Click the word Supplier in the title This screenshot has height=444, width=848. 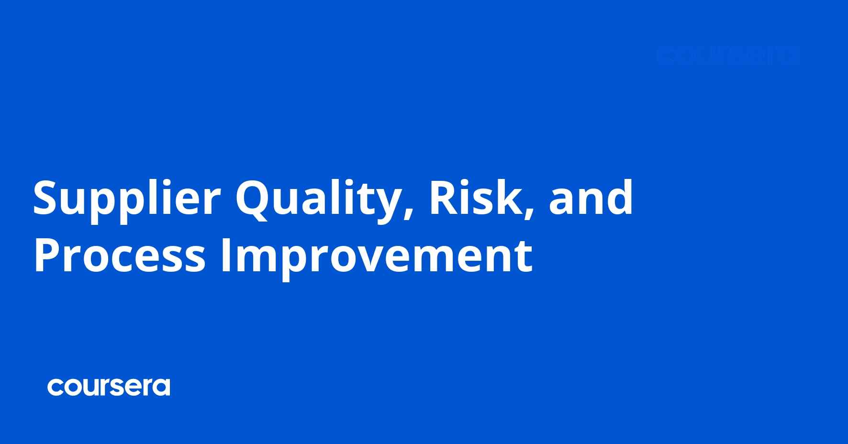coord(127,199)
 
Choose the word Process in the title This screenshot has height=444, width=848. coord(120,256)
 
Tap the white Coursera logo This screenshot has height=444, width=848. coord(109,387)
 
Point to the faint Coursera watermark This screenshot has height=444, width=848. coord(726,56)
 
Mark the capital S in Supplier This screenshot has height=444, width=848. coord(47,198)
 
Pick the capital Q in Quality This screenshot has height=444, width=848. coord(253,199)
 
